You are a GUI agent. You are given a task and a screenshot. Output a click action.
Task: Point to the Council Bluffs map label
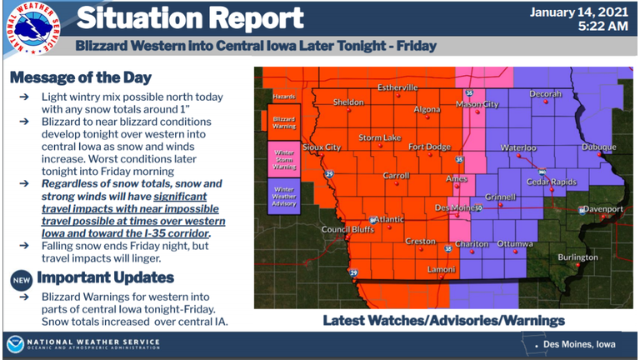pos(345,229)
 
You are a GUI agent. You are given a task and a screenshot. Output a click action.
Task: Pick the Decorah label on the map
pos(545,93)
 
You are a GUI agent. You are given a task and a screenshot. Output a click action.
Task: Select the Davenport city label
pos(602,208)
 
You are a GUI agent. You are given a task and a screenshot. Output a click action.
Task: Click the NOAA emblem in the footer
pos(15,344)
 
